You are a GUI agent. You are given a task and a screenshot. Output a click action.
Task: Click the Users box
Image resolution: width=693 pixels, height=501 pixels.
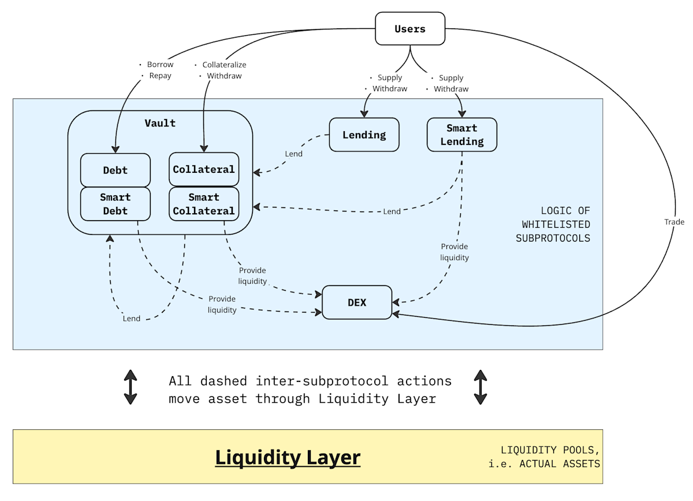click(x=410, y=29)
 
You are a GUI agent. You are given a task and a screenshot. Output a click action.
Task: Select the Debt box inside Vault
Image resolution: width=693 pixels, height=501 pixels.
click(x=115, y=170)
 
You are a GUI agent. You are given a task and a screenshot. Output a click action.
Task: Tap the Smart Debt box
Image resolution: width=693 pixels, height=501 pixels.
click(x=115, y=204)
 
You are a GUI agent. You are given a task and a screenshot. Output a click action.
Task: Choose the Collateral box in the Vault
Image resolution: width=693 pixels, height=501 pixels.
click(x=204, y=169)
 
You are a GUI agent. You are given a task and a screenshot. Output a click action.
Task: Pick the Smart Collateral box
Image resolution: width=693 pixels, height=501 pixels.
click(x=204, y=204)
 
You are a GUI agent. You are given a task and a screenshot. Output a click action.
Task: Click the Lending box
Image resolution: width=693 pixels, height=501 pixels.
click(x=364, y=135)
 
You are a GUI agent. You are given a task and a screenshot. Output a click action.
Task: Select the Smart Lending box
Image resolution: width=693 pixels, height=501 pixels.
click(x=462, y=135)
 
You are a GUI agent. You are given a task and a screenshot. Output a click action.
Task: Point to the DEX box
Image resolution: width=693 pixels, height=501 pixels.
click(x=357, y=302)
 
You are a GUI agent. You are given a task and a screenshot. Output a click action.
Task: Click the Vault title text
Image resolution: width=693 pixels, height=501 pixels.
click(x=160, y=123)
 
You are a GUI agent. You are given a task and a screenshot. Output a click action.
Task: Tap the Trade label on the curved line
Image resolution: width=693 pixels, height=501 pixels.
click(x=674, y=222)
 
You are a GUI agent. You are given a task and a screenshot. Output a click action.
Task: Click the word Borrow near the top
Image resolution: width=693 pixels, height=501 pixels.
click(x=160, y=65)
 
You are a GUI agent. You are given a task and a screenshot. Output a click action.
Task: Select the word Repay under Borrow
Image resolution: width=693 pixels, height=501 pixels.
click(x=160, y=76)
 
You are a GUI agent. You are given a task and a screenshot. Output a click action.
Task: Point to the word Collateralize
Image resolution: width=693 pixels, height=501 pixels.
click(x=224, y=65)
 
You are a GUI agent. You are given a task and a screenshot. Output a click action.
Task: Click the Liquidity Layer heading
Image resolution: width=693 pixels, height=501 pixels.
click(x=288, y=457)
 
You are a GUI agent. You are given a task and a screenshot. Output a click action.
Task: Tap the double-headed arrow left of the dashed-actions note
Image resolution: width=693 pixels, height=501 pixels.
click(x=131, y=387)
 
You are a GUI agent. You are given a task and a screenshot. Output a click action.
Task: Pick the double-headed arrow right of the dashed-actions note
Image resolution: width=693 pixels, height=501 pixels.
click(x=480, y=387)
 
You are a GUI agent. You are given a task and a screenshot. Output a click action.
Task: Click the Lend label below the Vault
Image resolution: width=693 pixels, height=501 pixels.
click(x=131, y=318)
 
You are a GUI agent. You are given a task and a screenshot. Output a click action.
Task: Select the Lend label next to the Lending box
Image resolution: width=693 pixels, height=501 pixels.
click(x=293, y=154)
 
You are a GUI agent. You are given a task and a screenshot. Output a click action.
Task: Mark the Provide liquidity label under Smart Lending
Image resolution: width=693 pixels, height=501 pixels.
click(x=454, y=252)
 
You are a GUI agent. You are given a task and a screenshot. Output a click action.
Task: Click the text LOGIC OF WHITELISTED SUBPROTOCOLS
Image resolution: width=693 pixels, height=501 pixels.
click(x=553, y=224)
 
